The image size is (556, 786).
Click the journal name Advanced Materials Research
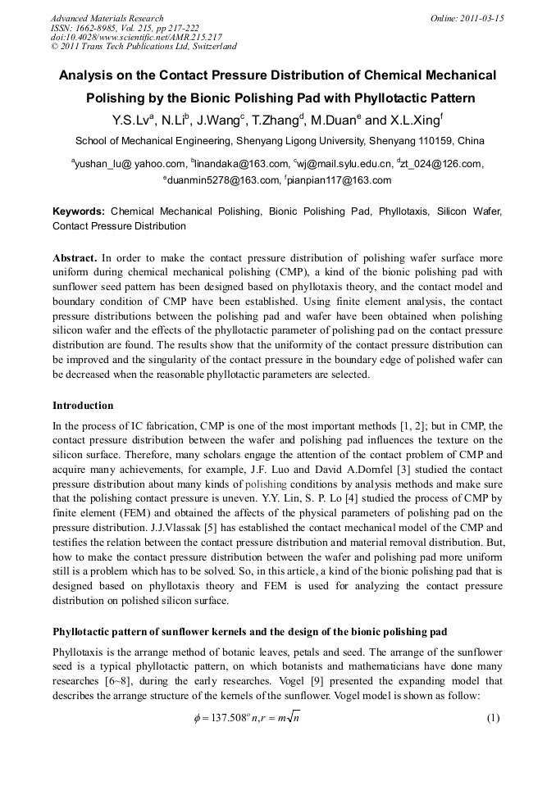point(107,18)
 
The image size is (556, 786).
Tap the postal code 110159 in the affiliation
point(439,140)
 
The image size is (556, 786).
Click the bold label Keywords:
point(79,211)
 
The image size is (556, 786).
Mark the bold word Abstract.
point(75,257)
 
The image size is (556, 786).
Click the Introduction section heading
point(83,406)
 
